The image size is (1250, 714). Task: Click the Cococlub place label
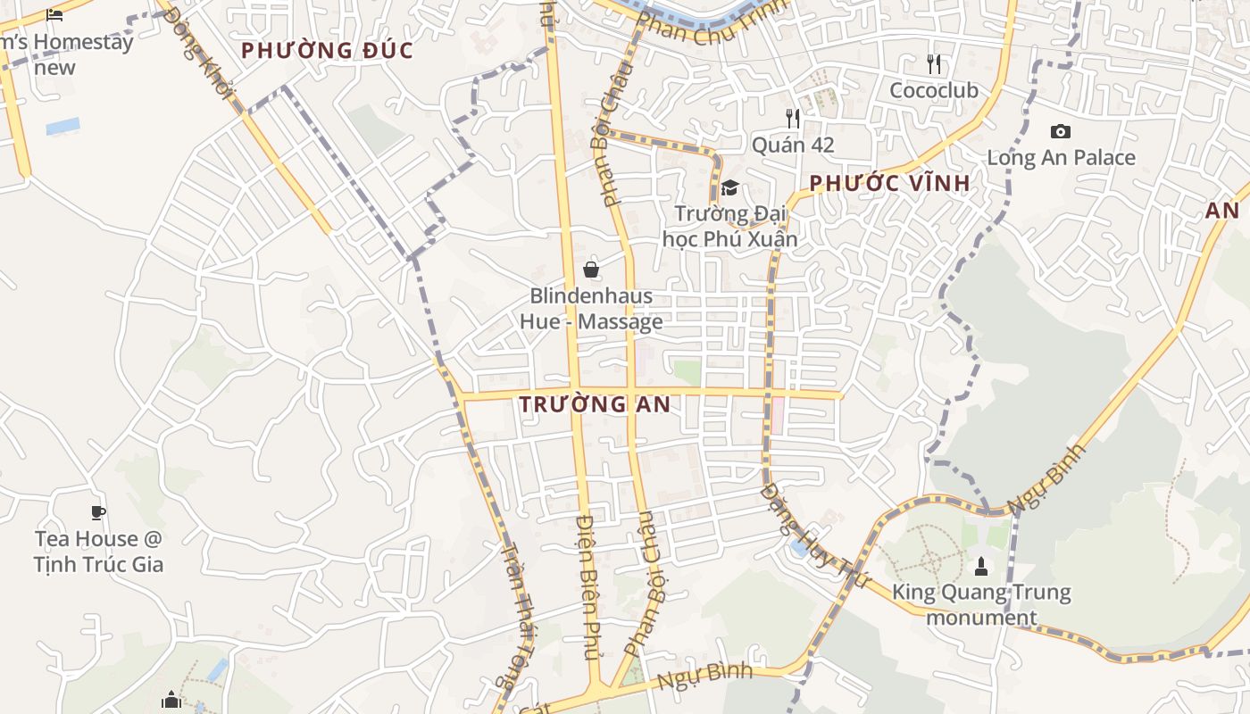933,90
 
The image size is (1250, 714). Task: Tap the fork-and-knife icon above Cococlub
934,63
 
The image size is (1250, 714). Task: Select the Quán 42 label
792,145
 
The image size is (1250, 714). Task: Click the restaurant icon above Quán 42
792,118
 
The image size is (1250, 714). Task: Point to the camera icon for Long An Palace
1061,132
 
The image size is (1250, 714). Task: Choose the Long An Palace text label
1061,158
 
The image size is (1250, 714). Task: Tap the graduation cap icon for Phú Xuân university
730,187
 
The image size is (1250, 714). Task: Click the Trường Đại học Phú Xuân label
730,226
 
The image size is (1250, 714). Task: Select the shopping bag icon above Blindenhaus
590,269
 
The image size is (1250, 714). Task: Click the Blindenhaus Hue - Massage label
591,309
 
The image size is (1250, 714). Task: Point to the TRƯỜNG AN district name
595,404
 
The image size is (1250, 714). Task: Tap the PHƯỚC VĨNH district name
889,184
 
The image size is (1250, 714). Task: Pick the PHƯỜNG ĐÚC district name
328,50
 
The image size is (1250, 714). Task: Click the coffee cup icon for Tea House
98,512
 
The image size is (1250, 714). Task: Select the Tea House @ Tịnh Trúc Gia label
98,552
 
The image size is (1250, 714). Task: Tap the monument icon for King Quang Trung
980,566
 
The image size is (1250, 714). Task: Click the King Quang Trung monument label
980,604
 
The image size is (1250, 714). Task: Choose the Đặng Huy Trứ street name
813,535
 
